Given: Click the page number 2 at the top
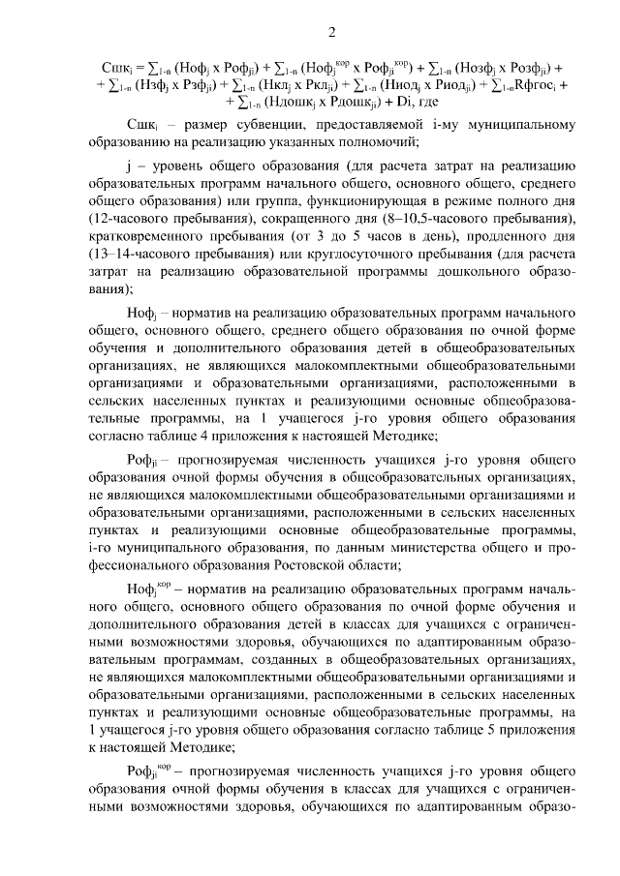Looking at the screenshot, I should (330, 34).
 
